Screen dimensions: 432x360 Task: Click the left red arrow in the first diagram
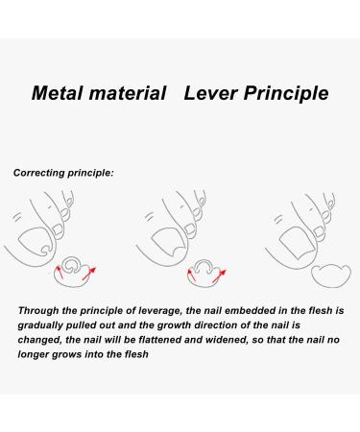coord(61,273)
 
